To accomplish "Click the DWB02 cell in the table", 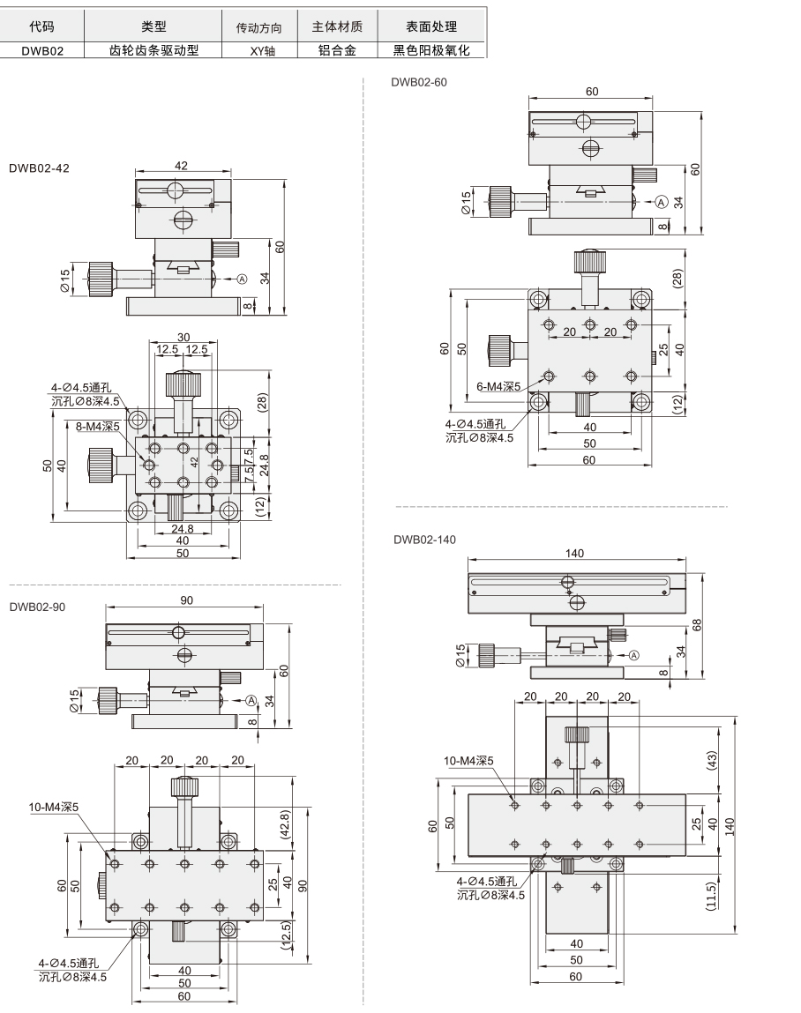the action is [x=42, y=50].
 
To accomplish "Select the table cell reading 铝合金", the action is [x=338, y=50].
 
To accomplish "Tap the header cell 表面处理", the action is [x=431, y=26].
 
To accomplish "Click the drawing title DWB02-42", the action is [x=39, y=168].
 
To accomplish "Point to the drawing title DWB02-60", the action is [x=419, y=82].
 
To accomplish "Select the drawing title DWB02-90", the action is [x=37, y=607].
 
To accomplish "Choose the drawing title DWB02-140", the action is [x=424, y=540].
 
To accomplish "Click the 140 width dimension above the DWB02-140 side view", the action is [x=574, y=553].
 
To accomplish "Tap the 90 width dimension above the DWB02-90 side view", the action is [x=186, y=600].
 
